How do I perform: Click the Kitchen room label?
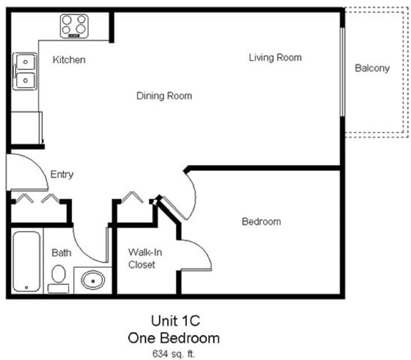tap(69, 60)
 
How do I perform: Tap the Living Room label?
tap(275, 57)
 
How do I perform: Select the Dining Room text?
tap(164, 96)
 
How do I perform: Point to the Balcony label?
tap(372, 69)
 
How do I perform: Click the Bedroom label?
tap(261, 221)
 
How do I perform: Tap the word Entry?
tap(61, 174)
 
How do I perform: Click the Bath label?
tap(61, 253)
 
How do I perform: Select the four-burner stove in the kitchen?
tap(74, 27)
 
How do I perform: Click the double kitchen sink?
tap(25, 71)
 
